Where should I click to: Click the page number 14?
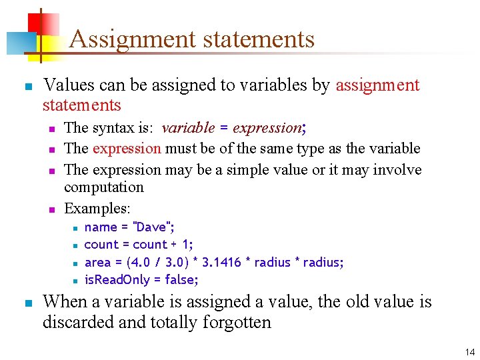pos(470,352)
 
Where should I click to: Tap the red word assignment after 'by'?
pos(377,85)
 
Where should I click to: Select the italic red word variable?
pos(188,127)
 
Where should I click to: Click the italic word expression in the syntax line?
pos(267,127)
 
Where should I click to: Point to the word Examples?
pos(97,208)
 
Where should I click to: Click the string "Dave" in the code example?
pos(153,227)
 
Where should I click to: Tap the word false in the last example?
pos(183,279)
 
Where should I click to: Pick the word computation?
pos(103,187)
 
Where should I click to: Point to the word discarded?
pos(72,323)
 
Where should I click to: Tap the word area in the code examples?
pos(97,262)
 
